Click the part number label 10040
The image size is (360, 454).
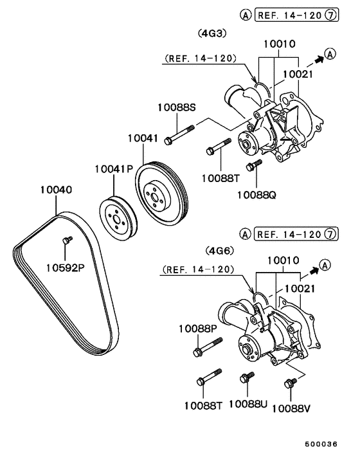(56, 190)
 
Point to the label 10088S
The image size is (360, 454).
(176, 107)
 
